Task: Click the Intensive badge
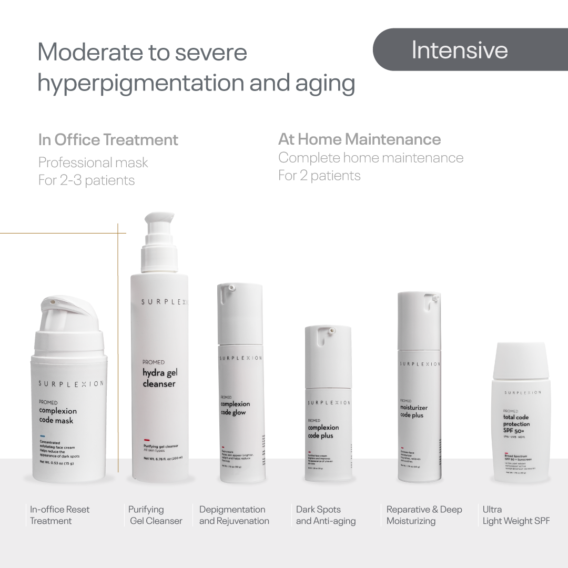click(459, 50)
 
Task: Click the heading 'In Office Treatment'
click(108, 140)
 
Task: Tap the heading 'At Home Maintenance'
click(359, 139)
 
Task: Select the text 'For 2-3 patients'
click(86, 180)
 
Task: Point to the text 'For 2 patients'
click(319, 176)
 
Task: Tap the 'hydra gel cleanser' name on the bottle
click(159, 379)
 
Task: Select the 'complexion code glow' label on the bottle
click(235, 408)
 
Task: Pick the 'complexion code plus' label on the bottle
click(323, 431)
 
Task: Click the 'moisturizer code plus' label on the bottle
click(413, 411)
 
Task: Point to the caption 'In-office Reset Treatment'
click(59, 515)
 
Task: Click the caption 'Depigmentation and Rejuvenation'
click(234, 515)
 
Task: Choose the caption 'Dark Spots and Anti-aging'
click(326, 515)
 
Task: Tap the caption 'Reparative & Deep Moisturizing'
click(424, 515)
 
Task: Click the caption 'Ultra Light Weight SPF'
click(516, 515)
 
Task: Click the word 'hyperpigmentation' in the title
click(138, 83)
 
